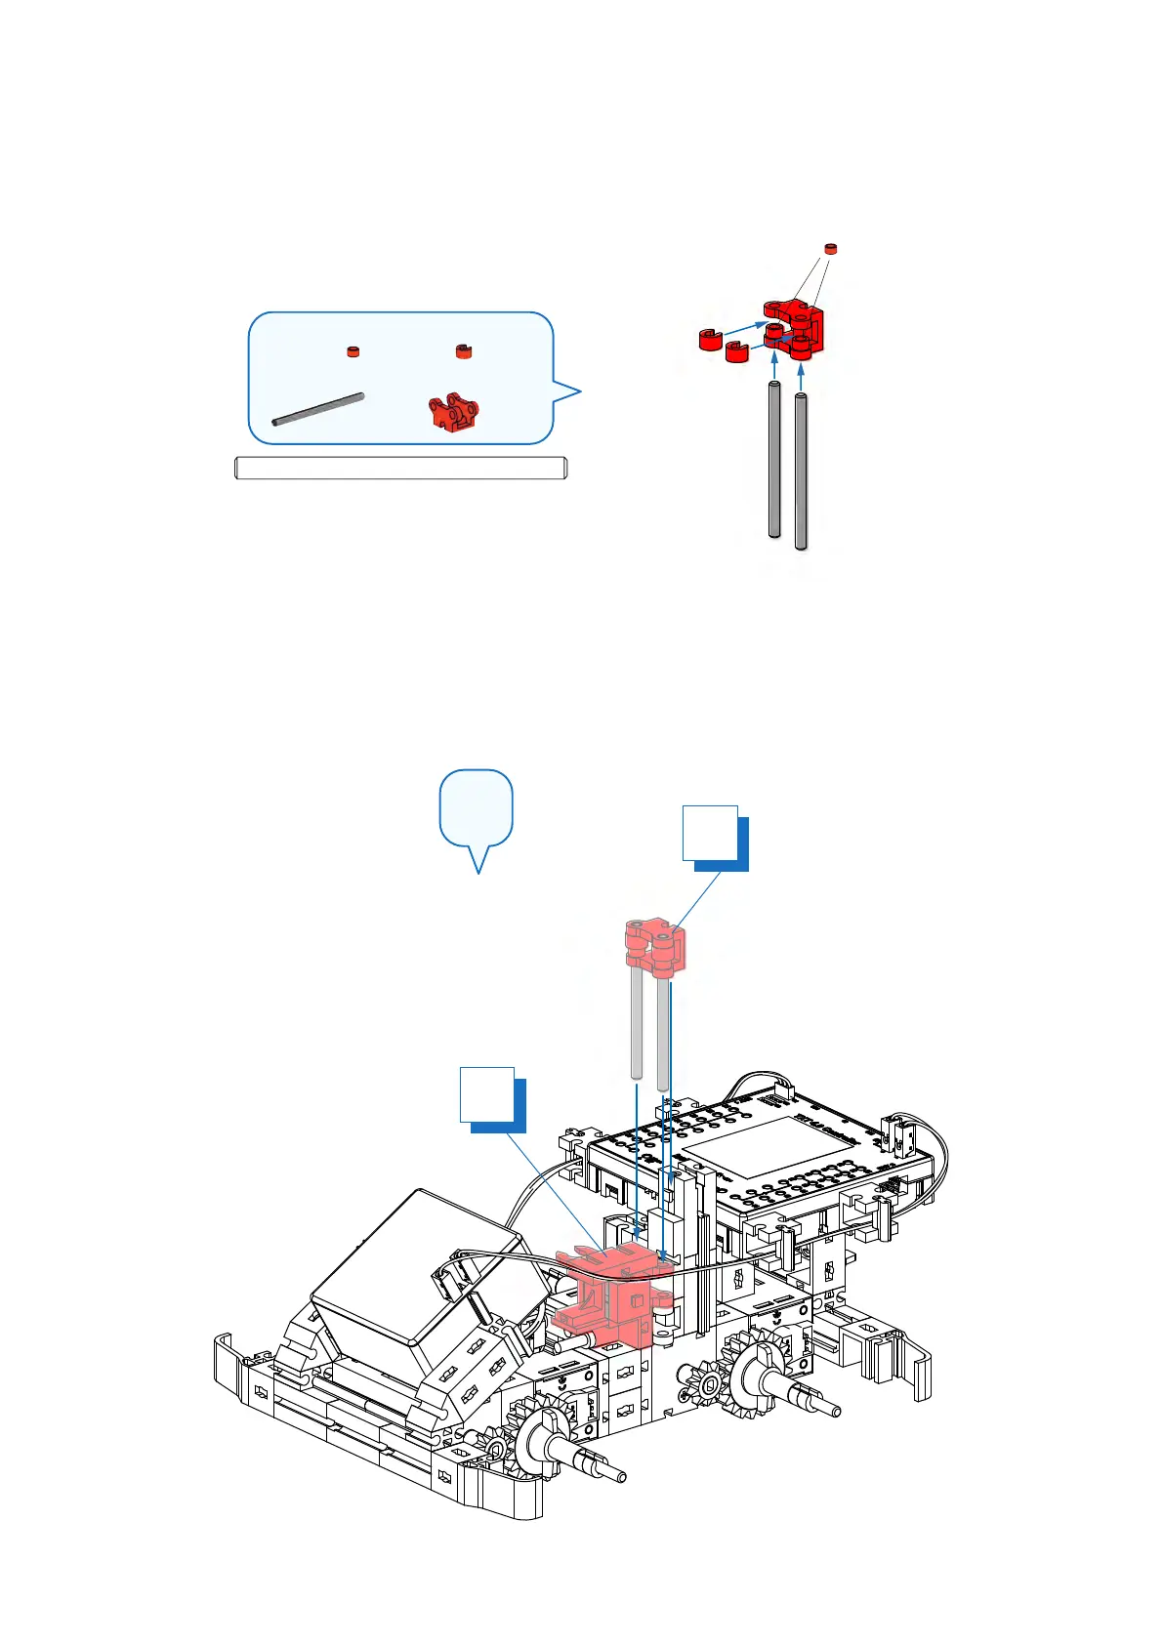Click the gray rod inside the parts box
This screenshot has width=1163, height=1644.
pos(318,410)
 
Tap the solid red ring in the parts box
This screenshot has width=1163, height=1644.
pos(353,351)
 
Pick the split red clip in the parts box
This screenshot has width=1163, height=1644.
pos(464,351)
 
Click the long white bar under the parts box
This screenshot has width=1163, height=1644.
pos(400,469)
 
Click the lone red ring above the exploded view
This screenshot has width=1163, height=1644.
pos(831,248)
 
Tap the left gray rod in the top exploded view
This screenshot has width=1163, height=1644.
pos(774,459)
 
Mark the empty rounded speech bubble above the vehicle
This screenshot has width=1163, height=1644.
pos(477,808)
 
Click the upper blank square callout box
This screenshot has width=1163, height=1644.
pos(711,833)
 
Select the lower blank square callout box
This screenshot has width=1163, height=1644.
pos(488,1094)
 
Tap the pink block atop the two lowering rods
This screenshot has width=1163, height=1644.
pos(655,946)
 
